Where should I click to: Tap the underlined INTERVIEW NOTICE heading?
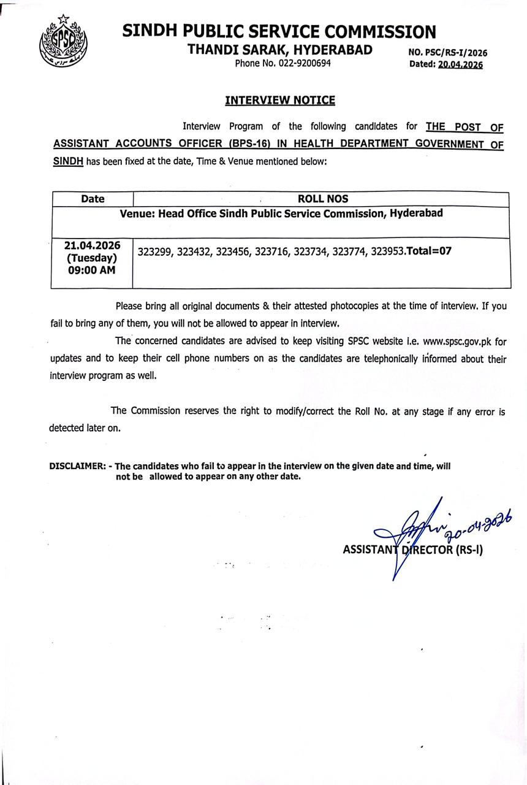pyautogui.click(x=280, y=100)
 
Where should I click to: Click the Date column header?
pyautogui.click(x=93, y=199)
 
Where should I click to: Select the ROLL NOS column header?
pyautogui.click(x=322, y=199)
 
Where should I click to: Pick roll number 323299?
pyautogui.click(x=155, y=251)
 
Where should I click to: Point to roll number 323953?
pyautogui.click(x=387, y=251)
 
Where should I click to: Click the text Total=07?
pyautogui.click(x=429, y=251)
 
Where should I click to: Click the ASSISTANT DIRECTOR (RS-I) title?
pyautogui.click(x=412, y=550)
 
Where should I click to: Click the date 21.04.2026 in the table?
pyautogui.click(x=93, y=245)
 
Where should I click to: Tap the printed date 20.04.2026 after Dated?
pyautogui.click(x=460, y=64)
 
